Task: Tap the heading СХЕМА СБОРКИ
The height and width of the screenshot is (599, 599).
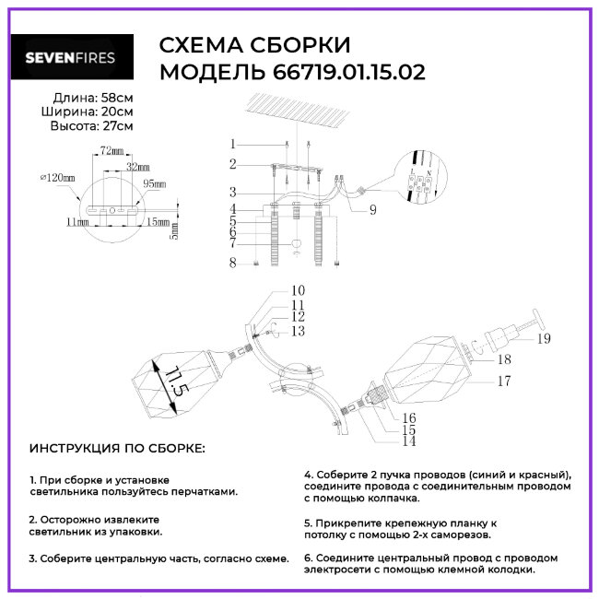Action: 255,47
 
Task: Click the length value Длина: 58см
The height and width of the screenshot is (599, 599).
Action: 89,97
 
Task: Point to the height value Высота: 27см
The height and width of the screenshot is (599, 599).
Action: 89,126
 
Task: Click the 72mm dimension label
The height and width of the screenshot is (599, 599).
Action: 111,149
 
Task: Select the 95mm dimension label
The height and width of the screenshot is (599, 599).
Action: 154,184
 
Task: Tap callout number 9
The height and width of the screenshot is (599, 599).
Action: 371,210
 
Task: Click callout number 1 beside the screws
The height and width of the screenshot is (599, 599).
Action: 234,145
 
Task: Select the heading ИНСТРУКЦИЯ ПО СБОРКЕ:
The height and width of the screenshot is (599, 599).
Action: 118,448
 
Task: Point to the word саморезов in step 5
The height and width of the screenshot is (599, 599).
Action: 460,534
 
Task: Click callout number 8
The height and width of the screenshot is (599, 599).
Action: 234,263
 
